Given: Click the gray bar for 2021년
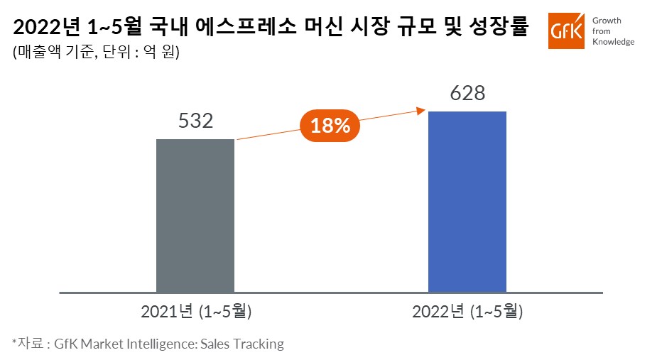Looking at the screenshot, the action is [195, 215].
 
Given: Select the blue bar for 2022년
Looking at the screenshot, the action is [467, 202].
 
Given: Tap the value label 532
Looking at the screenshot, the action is [195, 121].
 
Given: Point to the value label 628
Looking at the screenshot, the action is [467, 93].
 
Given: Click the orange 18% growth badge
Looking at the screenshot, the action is [330, 126].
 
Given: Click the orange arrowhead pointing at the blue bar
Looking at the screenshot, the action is [420, 111].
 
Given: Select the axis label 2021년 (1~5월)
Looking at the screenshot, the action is [196, 312].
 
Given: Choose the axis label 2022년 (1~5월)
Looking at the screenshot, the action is [467, 312].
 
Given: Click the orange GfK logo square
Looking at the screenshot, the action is [566, 31].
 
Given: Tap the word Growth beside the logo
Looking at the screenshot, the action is [607, 21].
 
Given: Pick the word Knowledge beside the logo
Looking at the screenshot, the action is [614, 41].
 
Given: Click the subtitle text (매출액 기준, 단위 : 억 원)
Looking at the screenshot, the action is [97, 52].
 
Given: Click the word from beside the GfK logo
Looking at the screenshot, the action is [602, 31].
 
